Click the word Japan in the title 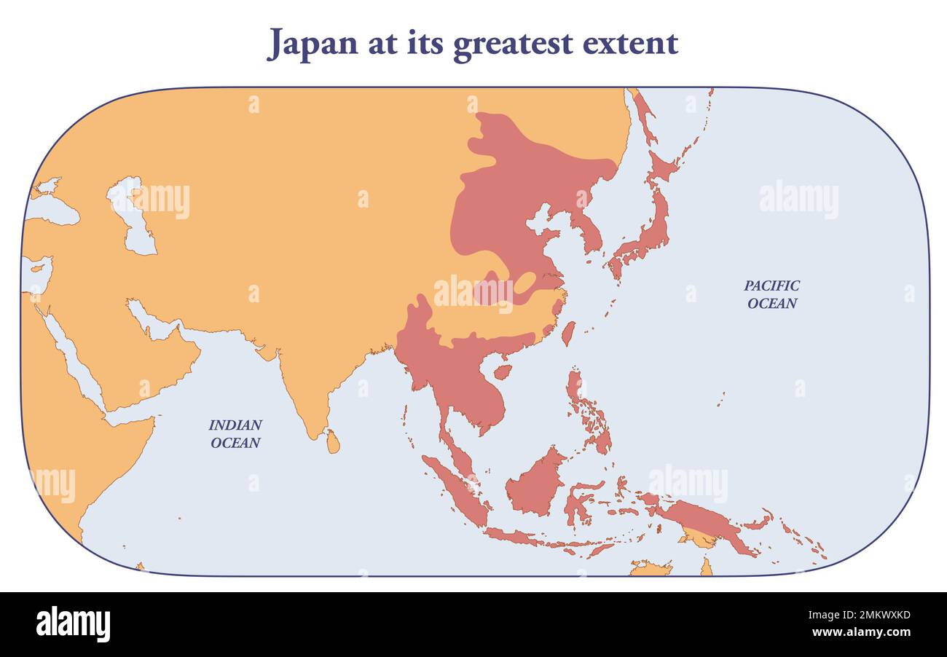pyautogui.click(x=313, y=43)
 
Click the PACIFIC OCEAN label pyautogui.click(x=771, y=294)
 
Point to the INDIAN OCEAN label pyautogui.click(x=235, y=433)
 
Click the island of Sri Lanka pyautogui.click(x=332, y=441)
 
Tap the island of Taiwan pyautogui.click(x=567, y=334)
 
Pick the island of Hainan pyautogui.click(x=502, y=371)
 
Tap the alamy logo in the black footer pyautogui.click(x=73, y=624)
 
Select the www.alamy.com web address pyautogui.click(x=860, y=632)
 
